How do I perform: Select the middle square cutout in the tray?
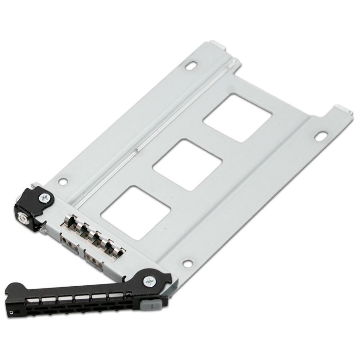(x=187, y=165)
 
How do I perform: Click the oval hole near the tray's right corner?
(x=321, y=135)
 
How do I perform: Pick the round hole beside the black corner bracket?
(x=63, y=182)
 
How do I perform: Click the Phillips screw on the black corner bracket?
(x=44, y=197)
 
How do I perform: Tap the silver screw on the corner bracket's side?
(x=22, y=219)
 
